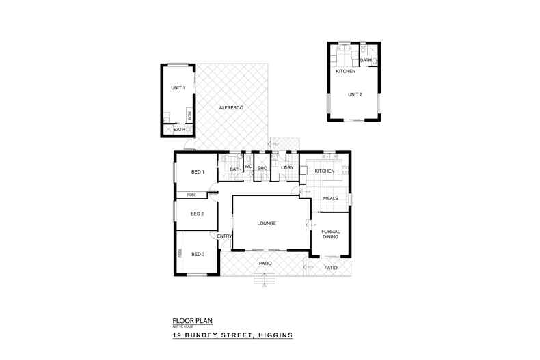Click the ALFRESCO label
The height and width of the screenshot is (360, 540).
[x=231, y=109]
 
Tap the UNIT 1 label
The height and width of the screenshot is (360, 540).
[x=178, y=88]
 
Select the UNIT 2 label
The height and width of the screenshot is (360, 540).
[x=354, y=94]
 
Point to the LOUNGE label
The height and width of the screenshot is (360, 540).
[x=266, y=223]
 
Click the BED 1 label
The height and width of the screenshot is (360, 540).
[x=198, y=171]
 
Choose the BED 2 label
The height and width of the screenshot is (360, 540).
[x=198, y=214]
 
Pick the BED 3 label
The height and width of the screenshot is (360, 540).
[x=198, y=254]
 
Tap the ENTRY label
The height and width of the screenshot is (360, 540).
[x=224, y=236]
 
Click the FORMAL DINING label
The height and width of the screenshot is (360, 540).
[x=331, y=234]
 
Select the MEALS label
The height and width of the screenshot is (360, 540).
[x=331, y=198]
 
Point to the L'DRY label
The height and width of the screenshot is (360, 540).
[x=287, y=169]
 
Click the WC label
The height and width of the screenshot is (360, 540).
[x=249, y=166]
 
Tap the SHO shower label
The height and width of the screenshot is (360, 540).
[x=261, y=168]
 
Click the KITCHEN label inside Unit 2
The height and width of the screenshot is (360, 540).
[x=345, y=72]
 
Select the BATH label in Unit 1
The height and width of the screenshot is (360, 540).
[x=178, y=129]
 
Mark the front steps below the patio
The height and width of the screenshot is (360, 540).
[x=264, y=278]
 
